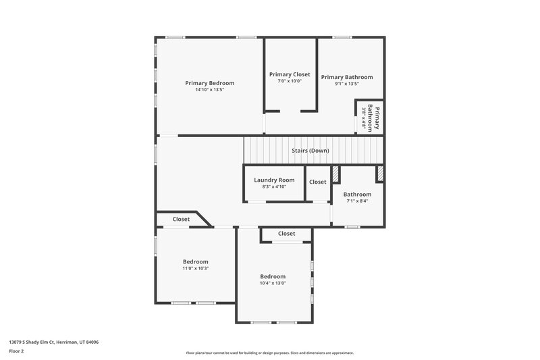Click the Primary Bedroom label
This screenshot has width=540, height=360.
click(209, 83)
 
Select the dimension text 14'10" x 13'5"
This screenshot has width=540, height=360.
click(209, 90)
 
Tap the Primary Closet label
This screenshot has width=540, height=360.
click(290, 74)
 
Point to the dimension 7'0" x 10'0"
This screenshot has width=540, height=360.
click(290, 81)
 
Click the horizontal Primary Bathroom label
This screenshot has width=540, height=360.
click(346, 77)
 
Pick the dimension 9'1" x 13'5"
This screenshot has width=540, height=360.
click(346, 84)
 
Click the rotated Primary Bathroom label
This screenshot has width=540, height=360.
click(373, 118)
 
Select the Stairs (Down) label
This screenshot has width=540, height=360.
click(310, 151)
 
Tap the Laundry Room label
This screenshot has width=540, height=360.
click(274, 180)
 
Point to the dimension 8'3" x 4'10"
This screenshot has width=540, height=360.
click(274, 186)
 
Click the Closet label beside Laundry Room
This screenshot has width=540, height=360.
click(317, 182)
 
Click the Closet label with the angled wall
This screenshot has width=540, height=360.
click(181, 219)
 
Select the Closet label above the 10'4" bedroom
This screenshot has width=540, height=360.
click(286, 234)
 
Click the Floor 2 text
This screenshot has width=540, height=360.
click(16, 351)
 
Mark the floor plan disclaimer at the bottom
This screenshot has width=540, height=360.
click(269, 353)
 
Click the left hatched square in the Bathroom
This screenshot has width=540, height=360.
click(335, 174)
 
